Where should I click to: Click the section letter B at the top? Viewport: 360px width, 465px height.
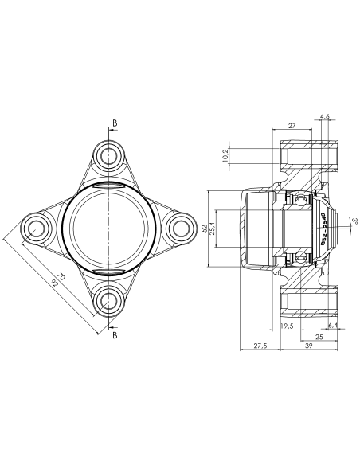click(x=115, y=123)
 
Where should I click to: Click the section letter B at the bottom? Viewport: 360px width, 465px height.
click(x=115, y=335)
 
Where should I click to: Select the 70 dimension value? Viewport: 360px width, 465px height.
click(x=61, y=276)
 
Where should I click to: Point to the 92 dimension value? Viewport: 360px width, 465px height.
click(x=54, y=283)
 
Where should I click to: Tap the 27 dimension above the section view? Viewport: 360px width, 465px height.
click(x=292, y=126)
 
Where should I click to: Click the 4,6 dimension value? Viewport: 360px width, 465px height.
click(x=325, y=116)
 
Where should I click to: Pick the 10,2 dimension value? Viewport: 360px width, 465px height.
click(x=225, y=155)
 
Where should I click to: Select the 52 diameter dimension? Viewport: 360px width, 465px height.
click(x=204, y=229)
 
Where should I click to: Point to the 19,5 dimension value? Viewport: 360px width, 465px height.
click(x=287, y=326)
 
